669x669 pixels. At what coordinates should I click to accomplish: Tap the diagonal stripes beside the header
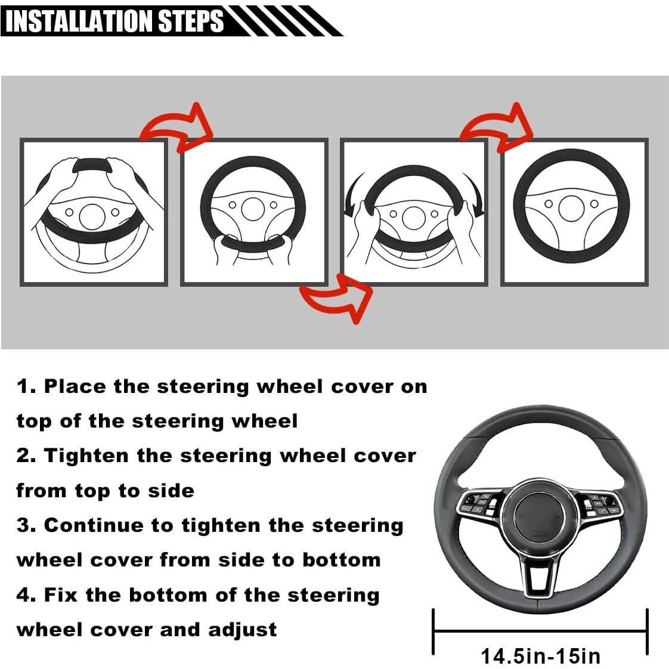(x=280, y=21)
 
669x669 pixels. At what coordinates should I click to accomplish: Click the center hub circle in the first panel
(x=92, y=215)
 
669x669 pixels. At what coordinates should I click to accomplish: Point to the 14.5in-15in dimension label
(x=540, y=656)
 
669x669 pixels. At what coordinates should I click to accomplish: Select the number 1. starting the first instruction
(x=26, y=386)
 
